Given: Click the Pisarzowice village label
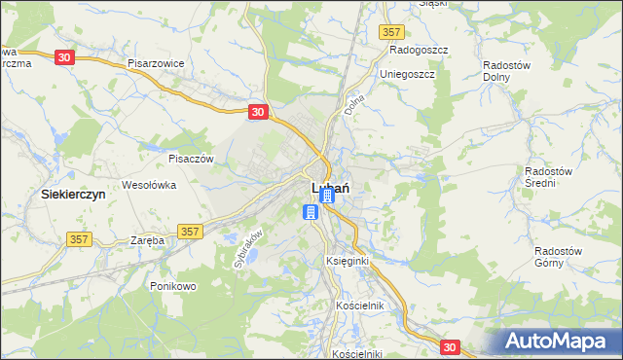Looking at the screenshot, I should pos(156,62).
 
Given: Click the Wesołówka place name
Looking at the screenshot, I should pos(148,184).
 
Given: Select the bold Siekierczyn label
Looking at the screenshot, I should pos(73,194).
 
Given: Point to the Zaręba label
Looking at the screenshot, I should pos(146,239).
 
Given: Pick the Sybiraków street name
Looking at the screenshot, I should pos(248,248).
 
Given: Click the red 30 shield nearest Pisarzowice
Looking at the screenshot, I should pos(64,57).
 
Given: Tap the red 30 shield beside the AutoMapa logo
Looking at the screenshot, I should pos(449,346).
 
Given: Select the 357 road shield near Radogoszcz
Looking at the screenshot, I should pos(392,32).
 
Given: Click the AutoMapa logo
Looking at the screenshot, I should pos(558,341).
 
